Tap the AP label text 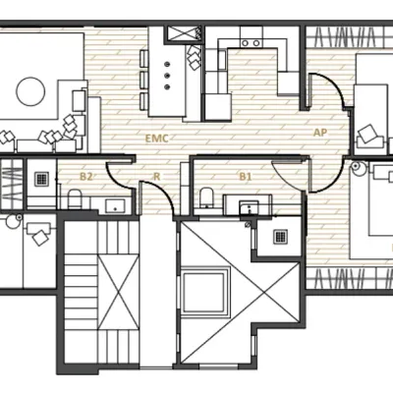(319, 132)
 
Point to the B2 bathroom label (86, 177)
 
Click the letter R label (156, 177)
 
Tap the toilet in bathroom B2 (74, 199)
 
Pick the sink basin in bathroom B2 (116, 205)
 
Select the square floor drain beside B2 (42, 180)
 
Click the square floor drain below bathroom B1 (279, 237)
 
